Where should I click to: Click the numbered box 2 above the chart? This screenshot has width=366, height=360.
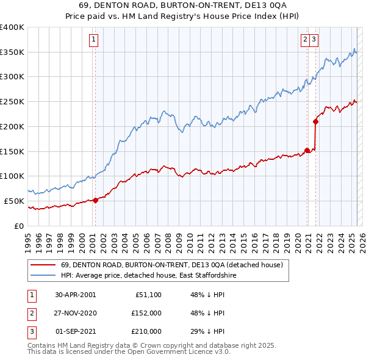[305, 40]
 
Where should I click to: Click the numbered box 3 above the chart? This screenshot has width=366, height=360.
[314, 40]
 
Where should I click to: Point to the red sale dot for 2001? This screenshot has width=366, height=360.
[95, 200]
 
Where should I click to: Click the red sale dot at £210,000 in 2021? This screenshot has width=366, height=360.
[315, 121]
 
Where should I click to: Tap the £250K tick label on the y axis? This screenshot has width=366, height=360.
[13, 102]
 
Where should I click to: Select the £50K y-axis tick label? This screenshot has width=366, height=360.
[15, 201]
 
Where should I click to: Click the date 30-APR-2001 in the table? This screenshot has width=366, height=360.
[76, 294]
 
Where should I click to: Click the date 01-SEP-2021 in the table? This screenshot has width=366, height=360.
[76, 332]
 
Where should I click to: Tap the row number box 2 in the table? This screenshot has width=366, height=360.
[31, 313]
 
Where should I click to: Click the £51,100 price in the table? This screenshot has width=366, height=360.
[146, 294]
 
